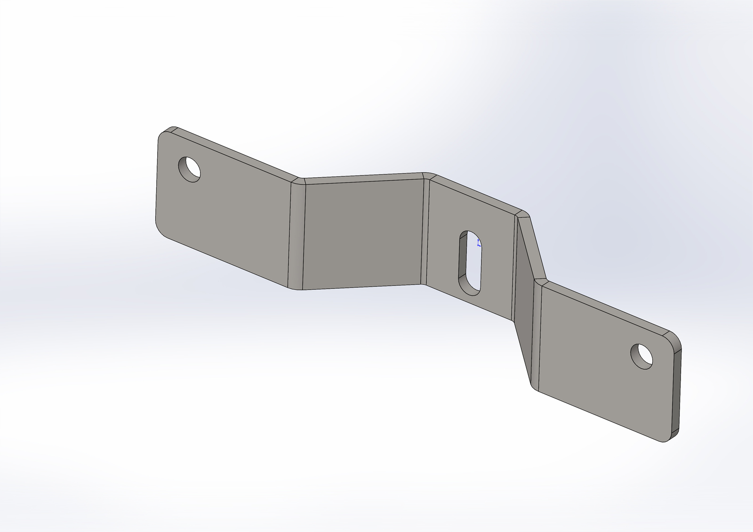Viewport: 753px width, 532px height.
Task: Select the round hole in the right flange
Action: point(642,356)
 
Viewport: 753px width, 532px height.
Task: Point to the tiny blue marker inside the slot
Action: point(479,243)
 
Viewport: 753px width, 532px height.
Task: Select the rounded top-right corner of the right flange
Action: point(674,340)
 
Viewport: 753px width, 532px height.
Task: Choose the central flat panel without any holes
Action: point(362,233)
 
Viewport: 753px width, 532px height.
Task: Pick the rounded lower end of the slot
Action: point(471,290)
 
